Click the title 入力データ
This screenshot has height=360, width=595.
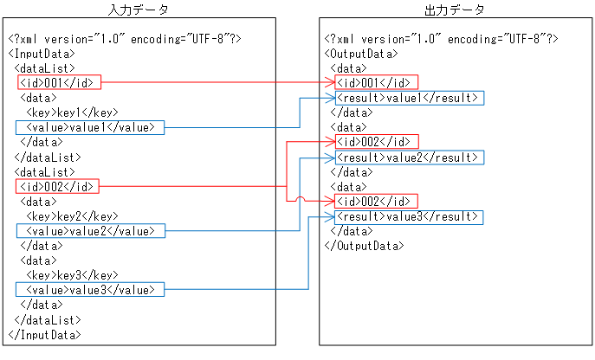coord(139,9)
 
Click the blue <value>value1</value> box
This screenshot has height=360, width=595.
coord(89,127)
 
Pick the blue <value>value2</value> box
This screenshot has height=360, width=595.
coord(89,231)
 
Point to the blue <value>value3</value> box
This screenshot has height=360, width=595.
coord(89,289)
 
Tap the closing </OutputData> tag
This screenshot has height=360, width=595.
coord(364,246)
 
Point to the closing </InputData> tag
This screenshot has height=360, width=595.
coord(44,334)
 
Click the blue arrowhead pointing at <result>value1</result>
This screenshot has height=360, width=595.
coord(331,98)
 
